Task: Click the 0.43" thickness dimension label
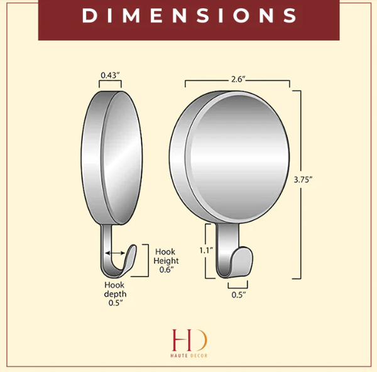[x=110, y=75]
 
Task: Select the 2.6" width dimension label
[x=238, y=79]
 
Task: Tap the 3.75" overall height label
[x=303, y=180]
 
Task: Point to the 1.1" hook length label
[x=206, y=251]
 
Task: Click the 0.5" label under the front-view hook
[x=239, y=295]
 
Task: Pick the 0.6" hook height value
[x=167, y=270]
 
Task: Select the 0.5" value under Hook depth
[x=116, y=303]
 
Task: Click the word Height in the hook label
[x=166, y=261]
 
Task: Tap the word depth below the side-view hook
[x=115, y=294]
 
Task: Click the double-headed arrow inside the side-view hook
[x=115, y=253]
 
